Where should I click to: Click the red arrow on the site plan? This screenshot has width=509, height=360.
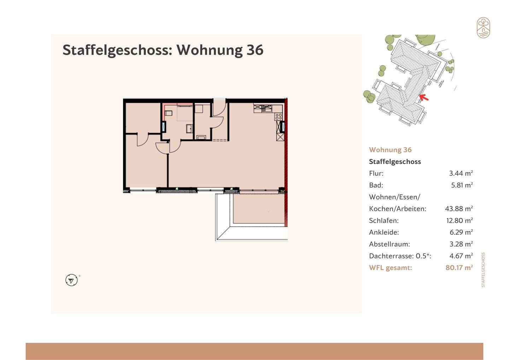[424, 97]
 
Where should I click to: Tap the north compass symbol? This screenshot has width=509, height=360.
[71, 280]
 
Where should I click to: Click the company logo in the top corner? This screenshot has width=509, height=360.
[483, 28]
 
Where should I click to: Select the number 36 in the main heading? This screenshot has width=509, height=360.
[255, 50]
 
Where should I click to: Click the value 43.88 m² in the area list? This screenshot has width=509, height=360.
[459, 209]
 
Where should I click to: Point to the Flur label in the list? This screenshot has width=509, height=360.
[376, 173]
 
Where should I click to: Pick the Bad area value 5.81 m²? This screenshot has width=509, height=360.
[462, 185]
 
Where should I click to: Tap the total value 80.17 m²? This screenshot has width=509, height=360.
[459, 268]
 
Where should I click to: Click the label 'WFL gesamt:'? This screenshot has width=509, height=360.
[390, 268]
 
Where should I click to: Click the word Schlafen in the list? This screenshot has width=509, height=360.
[384, 221]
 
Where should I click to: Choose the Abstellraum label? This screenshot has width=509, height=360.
[389, 244]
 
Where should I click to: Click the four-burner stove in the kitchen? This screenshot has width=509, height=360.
[279, 116]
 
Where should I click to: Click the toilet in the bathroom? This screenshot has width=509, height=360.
[168, 114]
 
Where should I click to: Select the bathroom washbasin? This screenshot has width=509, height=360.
[189, 128]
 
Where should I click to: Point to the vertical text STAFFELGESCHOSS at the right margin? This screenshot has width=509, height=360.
[483, 269]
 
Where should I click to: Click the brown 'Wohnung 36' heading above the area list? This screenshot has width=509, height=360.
[390, 150]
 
